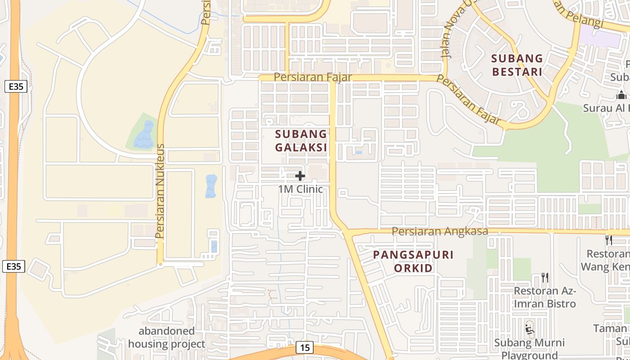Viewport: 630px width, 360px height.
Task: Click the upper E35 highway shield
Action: tap(16, 86)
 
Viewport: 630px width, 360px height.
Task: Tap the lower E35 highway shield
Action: tap(13, 266)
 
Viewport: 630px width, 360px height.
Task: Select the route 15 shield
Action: tap(305, 347)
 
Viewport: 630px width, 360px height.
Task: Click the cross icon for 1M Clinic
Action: tap(300, 176)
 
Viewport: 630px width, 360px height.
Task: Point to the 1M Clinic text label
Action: tap(301, 189)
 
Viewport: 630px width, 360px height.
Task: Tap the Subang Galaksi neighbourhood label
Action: tap(301, 140)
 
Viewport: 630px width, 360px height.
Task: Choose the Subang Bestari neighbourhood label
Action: tap(517, 65)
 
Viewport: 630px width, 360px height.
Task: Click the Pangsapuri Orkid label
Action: tap(414, 261)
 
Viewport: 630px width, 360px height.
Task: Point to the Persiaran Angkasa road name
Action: tap(440, 231)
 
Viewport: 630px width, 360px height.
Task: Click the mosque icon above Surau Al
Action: tap(621, 95)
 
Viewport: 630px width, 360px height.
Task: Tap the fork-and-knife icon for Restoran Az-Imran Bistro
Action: tap(544, 277)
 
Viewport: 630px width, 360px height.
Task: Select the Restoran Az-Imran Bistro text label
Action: tap(545, 297)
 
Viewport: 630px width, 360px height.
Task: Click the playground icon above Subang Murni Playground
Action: tap(530, 330)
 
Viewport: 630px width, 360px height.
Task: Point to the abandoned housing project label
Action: tap(166, 338)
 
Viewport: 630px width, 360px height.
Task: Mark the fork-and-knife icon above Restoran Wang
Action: tap(609, 240)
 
